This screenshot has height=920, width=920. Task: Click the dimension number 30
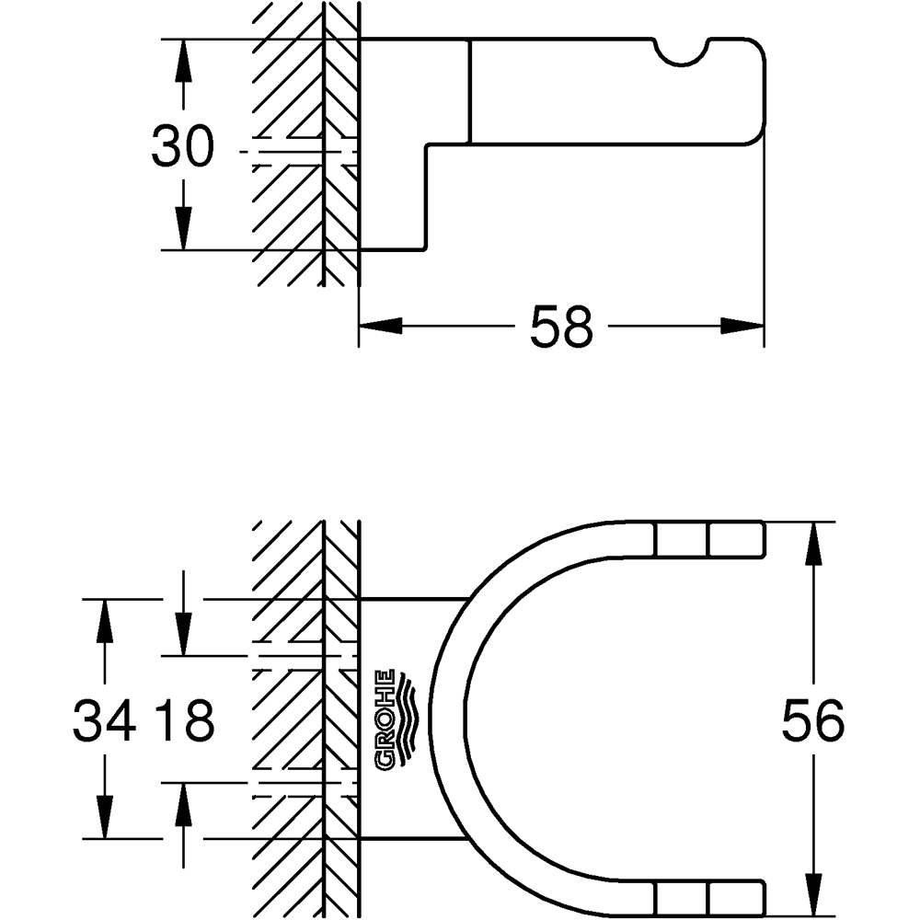click(x=182, y=146)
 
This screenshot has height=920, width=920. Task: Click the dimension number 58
click(x=560, y=327)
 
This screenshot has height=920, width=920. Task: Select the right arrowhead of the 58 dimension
click(x=742, y=326)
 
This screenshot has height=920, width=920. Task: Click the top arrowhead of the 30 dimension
click(x=184, y=61)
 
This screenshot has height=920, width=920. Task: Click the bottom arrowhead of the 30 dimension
click(x=184, y=228)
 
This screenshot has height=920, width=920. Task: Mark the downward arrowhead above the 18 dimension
click(x=184, y=635)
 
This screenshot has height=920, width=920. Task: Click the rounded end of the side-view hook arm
click(x=758, y=92)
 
